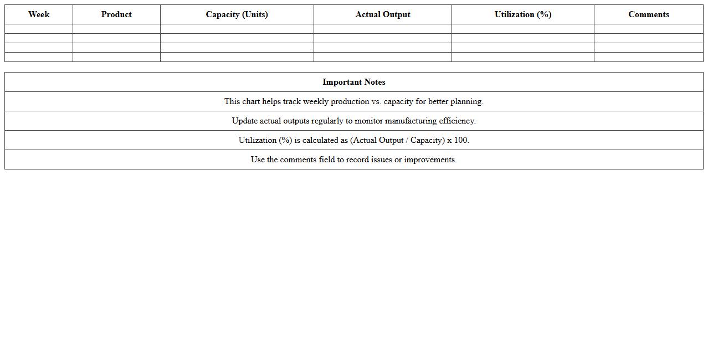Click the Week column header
tap(39, 14)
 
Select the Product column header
tap(116, 14)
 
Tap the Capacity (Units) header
tap(237, 14)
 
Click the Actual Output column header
tap(383, 14)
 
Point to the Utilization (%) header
tap(523, 14)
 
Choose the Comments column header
tap(649, 14)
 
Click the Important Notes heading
tap(354, 82)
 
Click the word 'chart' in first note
tap(251, 101)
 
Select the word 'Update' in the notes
tap(245, 121)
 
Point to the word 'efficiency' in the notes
tap(456, 121)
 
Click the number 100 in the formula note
tap(460, 140)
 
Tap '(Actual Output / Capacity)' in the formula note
tap(397, 140)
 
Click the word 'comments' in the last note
tap(298, 160)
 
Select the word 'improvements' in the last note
tap(430, 160)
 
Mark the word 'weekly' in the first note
tap(316, 101)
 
